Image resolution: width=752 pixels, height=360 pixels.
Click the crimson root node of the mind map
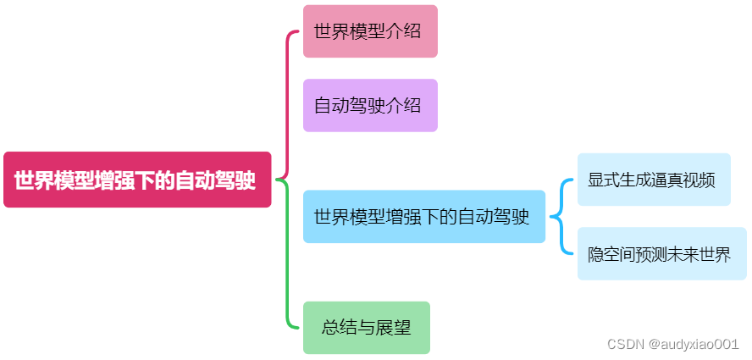pyautogui.click(x=136, y=180)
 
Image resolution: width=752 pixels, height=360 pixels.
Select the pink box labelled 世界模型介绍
pyautogui.click(x=370, y=31)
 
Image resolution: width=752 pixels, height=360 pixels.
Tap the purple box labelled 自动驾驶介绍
pyautogui.click(x=370, y=106)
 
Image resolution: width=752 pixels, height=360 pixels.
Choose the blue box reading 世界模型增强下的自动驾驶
pyautogui.click(x=423, y=217)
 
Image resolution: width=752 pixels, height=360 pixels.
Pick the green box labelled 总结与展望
pyautogui.click(x=367, y=327)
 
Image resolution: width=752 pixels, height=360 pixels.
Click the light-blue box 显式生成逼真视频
pyautogui.click(x=653, y=180)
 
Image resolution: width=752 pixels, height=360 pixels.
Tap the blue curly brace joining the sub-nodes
pyautogui.click(x=560, y=217)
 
